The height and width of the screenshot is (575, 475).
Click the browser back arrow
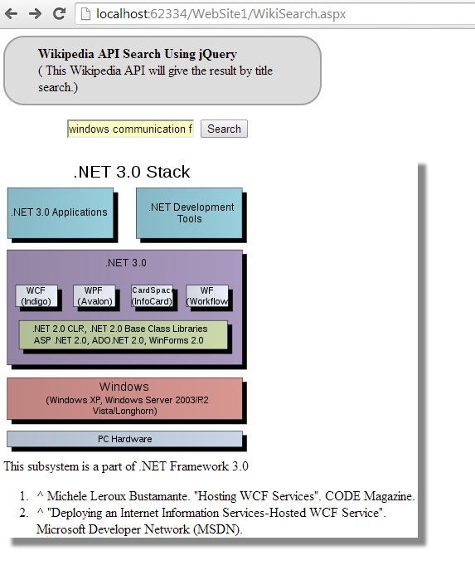11,14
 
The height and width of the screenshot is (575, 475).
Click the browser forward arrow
35,14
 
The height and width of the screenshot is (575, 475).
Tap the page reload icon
59,13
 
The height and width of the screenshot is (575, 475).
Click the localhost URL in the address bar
221,14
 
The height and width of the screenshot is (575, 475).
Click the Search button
224,129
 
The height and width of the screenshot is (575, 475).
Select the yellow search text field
130,129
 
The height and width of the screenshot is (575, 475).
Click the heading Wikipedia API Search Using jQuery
138,54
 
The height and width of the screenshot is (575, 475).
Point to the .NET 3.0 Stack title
132,172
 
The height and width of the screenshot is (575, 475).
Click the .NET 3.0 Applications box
61,212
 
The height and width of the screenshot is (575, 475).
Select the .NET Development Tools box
189,212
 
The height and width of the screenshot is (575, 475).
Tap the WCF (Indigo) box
36,296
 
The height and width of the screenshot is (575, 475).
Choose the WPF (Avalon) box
95,296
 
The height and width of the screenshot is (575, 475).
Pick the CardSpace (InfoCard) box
152,296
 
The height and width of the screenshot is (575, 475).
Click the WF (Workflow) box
207,296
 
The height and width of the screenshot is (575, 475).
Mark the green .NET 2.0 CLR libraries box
124,334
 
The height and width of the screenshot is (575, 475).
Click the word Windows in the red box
124,387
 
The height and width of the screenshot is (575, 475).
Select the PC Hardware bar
124,439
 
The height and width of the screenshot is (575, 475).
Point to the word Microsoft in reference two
61,529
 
